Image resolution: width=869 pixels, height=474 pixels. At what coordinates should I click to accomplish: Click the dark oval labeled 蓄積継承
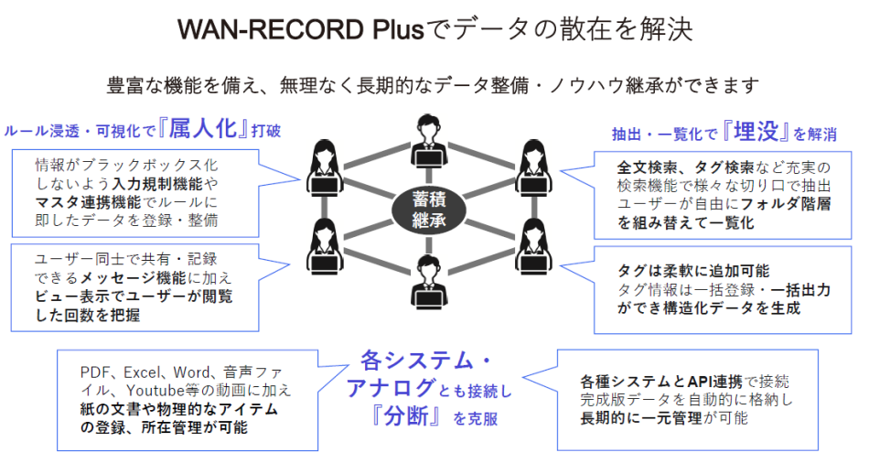427,207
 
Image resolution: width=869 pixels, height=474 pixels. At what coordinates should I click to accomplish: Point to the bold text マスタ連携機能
85,203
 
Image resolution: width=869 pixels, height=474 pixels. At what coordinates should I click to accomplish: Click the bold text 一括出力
795,289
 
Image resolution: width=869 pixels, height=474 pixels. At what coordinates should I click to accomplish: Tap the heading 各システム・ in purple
422,358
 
